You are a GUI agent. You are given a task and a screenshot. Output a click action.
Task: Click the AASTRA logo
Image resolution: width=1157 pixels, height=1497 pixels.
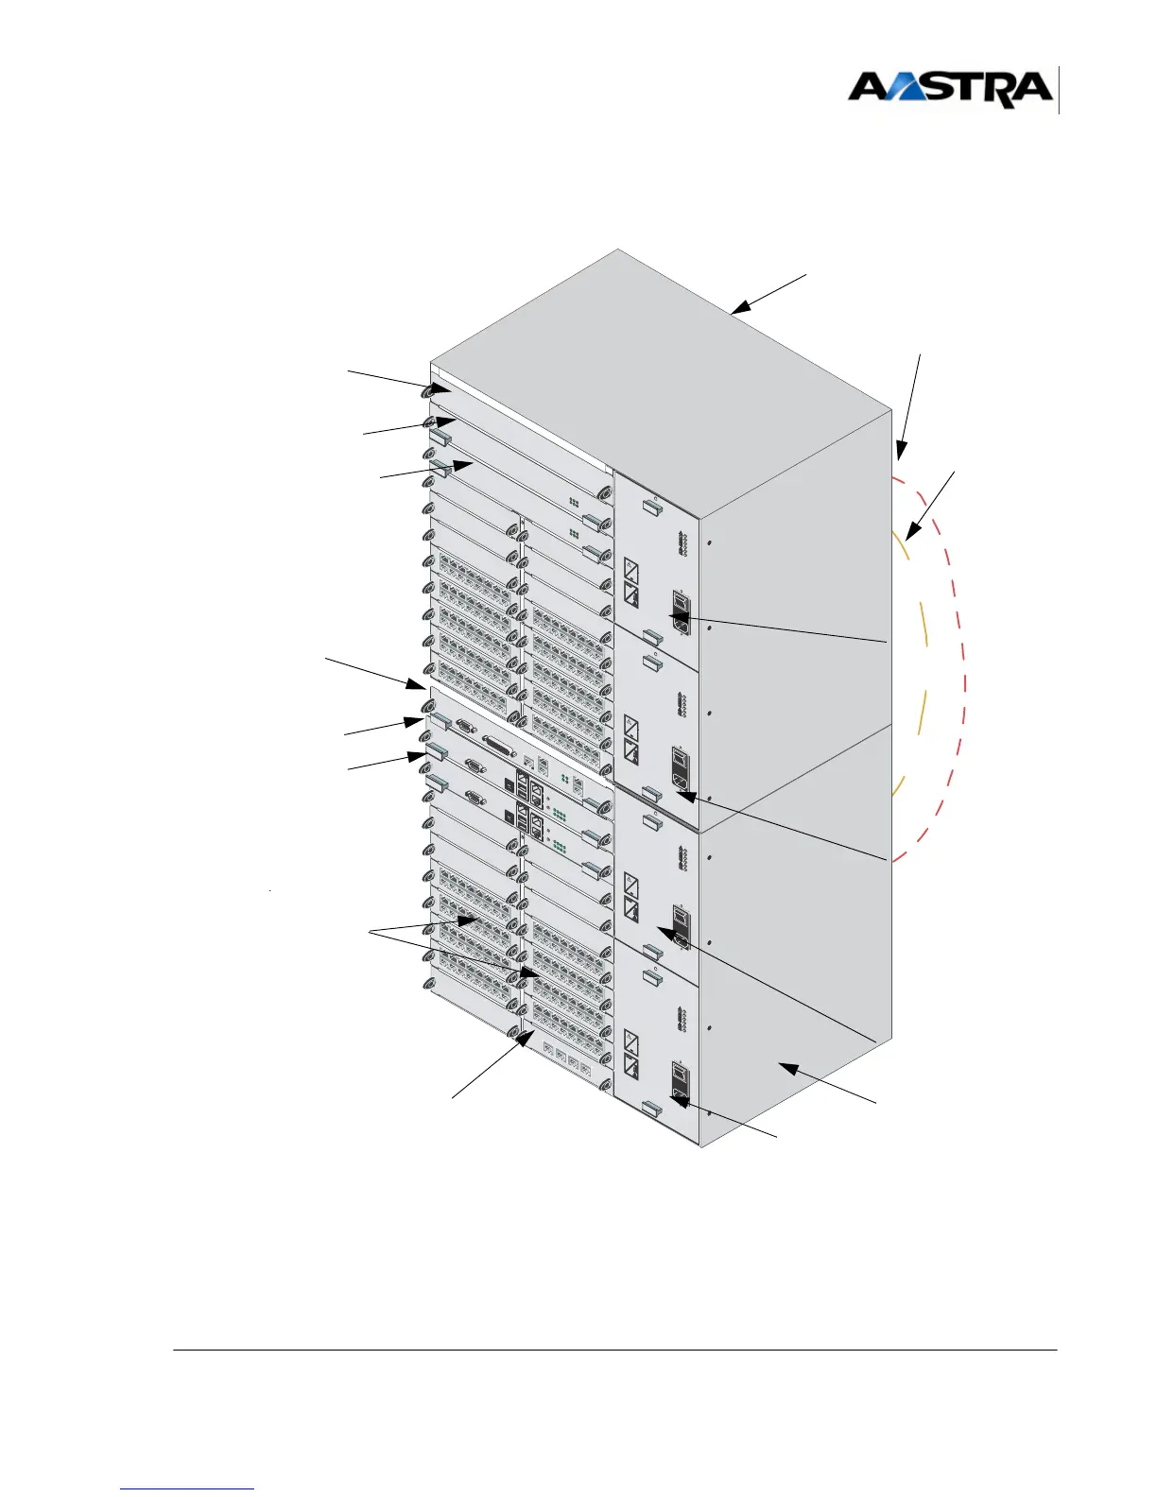click(949, 89)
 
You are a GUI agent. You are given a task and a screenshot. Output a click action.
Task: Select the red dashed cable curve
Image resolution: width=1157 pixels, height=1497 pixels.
click(962, 662)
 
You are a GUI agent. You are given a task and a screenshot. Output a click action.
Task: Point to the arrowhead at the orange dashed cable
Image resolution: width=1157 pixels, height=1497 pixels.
click(909, 535)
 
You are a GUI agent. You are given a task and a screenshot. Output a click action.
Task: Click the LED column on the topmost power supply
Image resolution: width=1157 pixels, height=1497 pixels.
click(682, 544)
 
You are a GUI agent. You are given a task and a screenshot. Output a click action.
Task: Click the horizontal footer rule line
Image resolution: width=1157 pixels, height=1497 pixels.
click(614, 1350)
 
